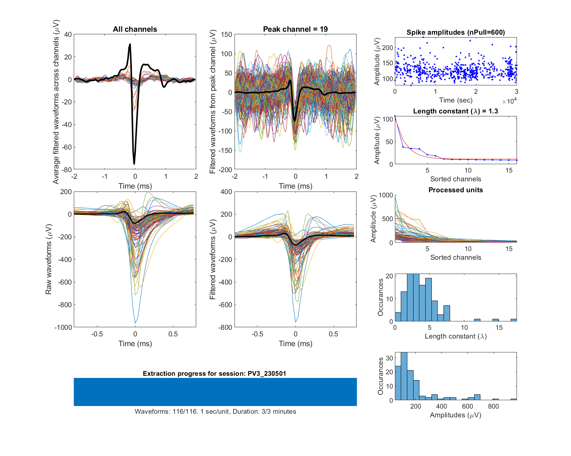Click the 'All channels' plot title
click(135, 29)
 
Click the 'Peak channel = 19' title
click(295, 29)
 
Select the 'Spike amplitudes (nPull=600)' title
click(456, 32)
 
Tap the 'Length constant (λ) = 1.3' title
click(456, 111)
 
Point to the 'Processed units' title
click(456, 190)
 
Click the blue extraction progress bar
click(215, 392)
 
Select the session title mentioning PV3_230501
click(214, 373)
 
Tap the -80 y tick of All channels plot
click(67, 170)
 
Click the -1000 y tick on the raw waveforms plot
click(63, 327)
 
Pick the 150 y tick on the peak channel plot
click(227, 35)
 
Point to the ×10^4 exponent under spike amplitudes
click(509, 101)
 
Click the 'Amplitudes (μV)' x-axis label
click(456, 415)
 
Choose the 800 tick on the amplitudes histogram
click(493, 406)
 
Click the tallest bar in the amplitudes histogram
click(404, 376)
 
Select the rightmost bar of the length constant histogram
click(514, 320)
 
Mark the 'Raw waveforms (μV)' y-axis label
click(49, 259)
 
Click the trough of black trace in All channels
click(134, 163)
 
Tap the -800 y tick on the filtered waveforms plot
click(225, 327)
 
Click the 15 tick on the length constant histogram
click(499, 328)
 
